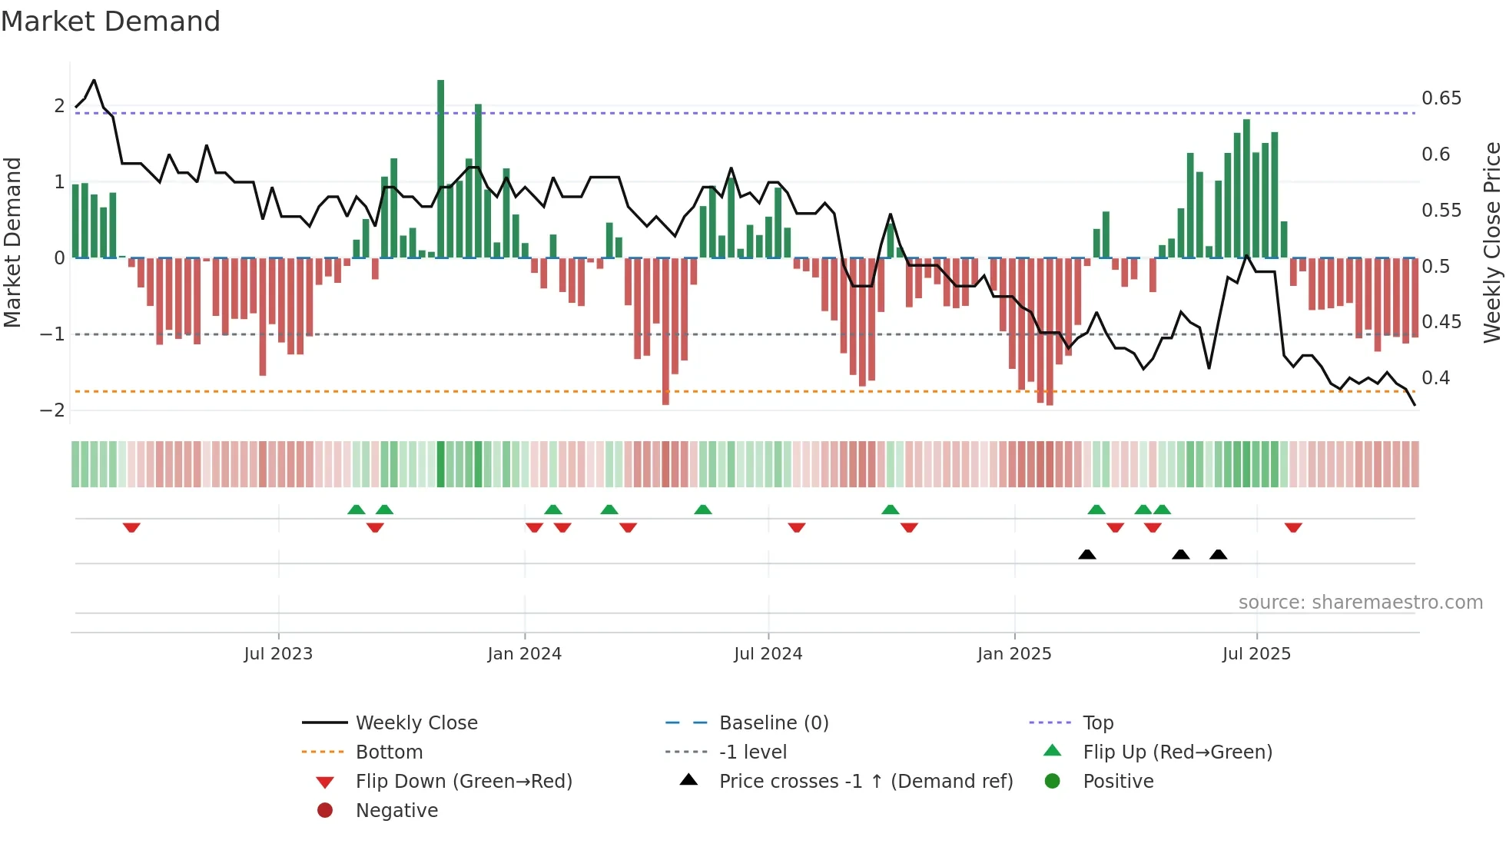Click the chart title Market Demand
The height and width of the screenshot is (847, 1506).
[x=111, y=22]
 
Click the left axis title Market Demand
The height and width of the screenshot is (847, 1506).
[x=12, y=242]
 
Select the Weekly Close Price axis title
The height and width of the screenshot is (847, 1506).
[x=1491, y=242]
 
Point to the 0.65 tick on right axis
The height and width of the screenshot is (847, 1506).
[x=1441, y=98]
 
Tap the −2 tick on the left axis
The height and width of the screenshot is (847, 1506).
[x=53, y=410]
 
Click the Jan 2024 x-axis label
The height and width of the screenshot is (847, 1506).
[x=524, y=654]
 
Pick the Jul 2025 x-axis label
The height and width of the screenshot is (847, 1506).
[x=1256, y=654]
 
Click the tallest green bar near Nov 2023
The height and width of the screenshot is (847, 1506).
[x=440, y=169]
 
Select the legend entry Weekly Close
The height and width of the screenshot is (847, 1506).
[x=416, y=723]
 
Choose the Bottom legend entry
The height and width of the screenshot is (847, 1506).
[x=389, y=752]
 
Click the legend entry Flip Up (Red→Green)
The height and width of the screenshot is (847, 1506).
[x=1177, y=752]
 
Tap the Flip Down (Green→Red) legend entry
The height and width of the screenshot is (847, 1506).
[x=463, y=782]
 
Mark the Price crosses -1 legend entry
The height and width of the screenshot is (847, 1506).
[x=866, y=782]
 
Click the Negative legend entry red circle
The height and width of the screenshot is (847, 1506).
[x=325, y=811]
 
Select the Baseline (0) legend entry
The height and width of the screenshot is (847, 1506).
[x=773, y=723]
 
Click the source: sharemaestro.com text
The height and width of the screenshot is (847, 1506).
[x=1360, y=603]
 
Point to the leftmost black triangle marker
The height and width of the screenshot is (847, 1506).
[x=1086, y=554]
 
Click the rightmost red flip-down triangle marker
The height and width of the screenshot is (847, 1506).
[x=1293, y=527]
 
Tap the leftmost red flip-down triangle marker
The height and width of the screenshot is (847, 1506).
[x=131, y=527]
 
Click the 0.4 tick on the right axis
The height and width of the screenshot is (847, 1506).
[x=1435, y=378]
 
